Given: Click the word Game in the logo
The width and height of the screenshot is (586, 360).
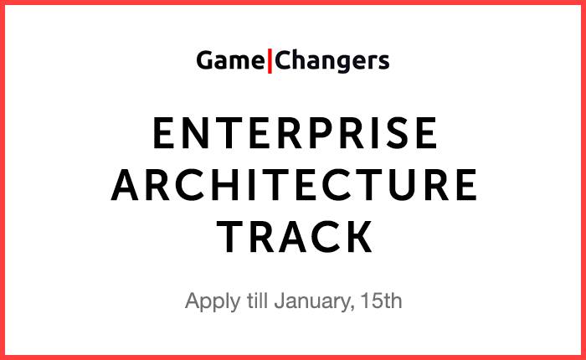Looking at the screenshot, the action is (x=230, y=61).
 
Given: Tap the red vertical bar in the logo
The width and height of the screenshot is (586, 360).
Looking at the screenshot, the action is (x=270, y=61).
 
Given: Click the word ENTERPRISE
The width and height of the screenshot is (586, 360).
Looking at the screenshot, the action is (x=296, y=133).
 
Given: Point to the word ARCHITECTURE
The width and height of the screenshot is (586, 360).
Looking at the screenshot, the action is (x=294, y=185).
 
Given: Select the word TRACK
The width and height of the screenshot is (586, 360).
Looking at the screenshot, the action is (x=295, y=237).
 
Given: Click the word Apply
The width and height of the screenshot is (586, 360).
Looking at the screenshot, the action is (x=213, y=301).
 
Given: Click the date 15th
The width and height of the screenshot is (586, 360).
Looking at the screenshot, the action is (x=381, y=301).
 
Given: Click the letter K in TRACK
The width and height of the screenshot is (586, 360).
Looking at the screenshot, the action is (x=359, y=237).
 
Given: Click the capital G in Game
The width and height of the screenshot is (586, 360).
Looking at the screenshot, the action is (x=206, y=60).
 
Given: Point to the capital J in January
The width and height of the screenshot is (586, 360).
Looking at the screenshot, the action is (x=280, y=301).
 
